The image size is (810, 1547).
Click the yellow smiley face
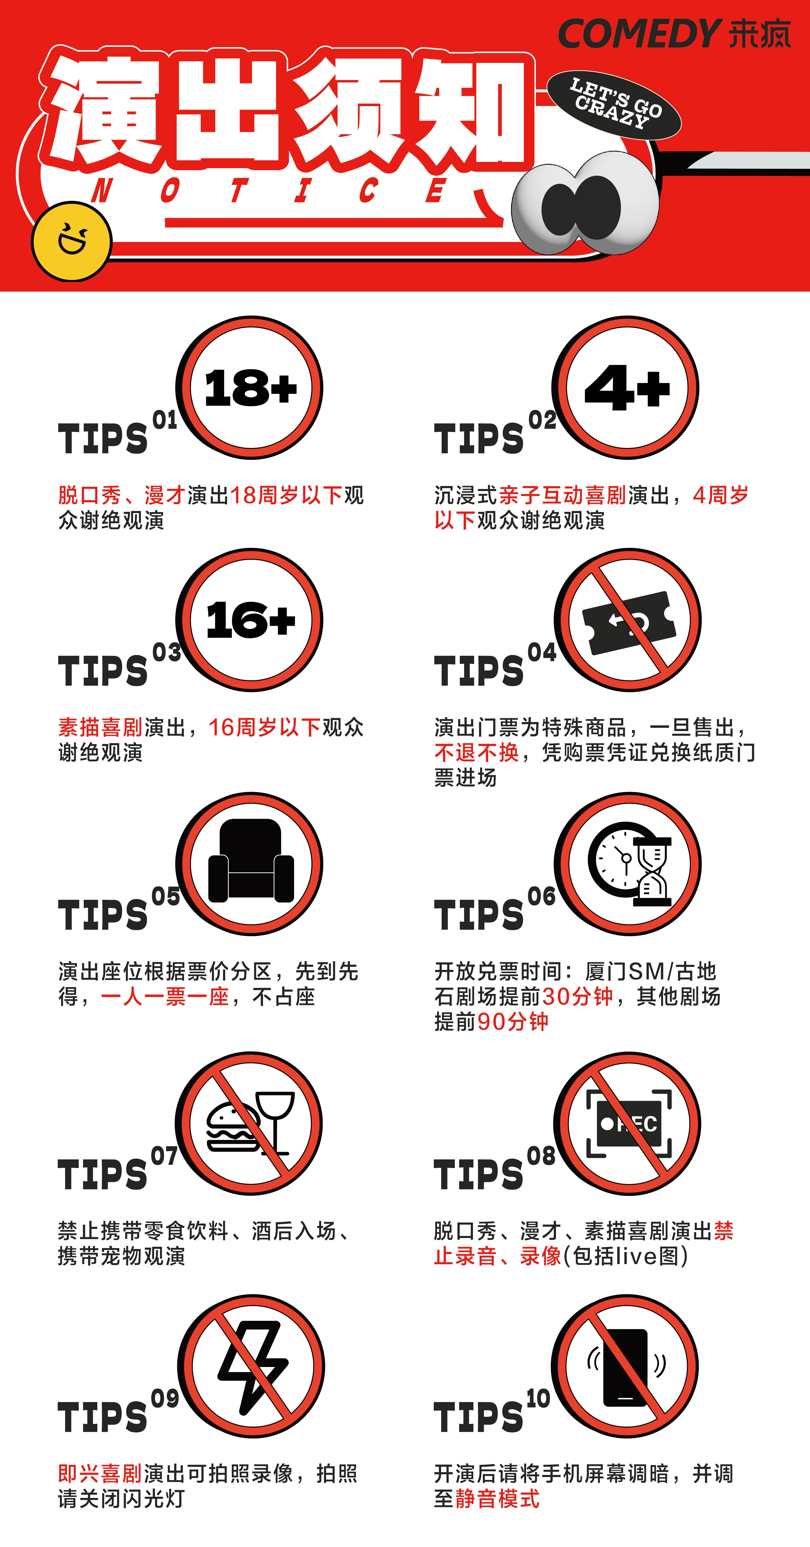(72, 242)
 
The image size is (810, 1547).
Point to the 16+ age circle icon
(249, 620)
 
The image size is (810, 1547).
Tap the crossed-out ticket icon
(628, 620)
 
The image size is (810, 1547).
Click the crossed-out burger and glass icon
(249, 1123)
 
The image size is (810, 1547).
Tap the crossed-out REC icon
(628, 1123)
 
